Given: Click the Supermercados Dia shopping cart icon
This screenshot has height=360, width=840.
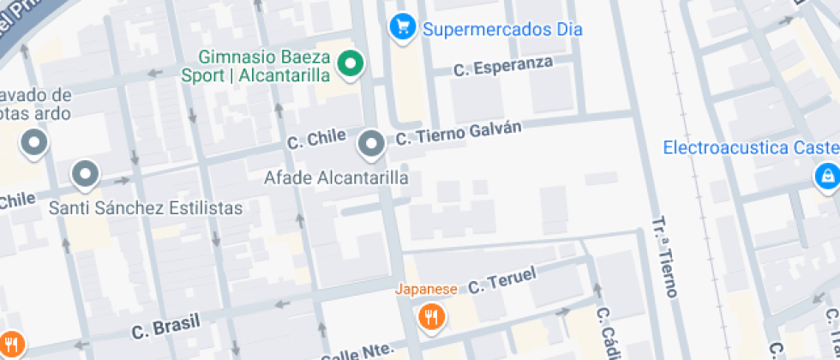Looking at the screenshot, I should pos(399,27).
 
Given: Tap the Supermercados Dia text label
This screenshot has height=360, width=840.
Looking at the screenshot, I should pos(502,29).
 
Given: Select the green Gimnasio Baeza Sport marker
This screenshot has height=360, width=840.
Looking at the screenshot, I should pos(350,64).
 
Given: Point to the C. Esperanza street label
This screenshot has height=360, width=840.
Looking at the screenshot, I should pos(502,68).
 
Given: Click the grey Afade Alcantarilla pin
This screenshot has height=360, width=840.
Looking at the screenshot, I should pos(371,144).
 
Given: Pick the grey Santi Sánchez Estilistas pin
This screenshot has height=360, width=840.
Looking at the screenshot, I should pos(86,176).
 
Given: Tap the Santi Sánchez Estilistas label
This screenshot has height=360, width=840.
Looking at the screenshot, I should pos(146,207).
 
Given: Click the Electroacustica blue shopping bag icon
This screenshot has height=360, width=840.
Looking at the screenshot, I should pos(825,177).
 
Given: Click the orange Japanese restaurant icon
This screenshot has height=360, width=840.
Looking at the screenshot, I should pos(431,318).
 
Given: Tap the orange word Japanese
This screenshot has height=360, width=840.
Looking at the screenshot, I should pos(426,289).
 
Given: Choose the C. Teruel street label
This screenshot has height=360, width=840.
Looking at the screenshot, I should pos(501,280).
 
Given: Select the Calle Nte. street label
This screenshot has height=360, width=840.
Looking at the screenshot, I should pos(357,351).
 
